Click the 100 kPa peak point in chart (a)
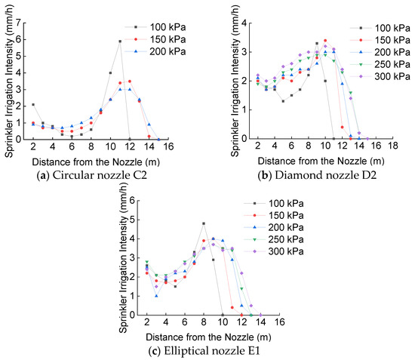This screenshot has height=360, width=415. pos(120,41)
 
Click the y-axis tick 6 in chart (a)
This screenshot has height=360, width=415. pos(17,39)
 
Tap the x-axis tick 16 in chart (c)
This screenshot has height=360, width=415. pos(279,322)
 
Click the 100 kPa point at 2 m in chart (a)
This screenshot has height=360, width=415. pos(32,105)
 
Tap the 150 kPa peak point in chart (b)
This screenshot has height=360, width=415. pos(325,41)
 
